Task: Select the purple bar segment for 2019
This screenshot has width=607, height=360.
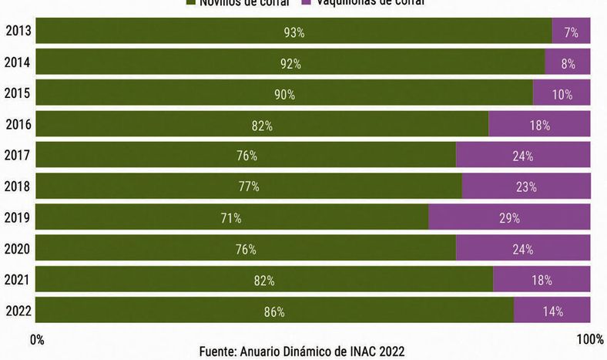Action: click(x=509, y=218)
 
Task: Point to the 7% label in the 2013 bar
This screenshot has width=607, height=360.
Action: click(x=571, y=32)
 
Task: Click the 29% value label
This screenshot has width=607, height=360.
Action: click(x=509, y=218)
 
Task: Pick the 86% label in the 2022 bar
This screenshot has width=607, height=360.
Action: click(x=274, y=311)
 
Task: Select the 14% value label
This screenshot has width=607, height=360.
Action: click(x=552, y=311)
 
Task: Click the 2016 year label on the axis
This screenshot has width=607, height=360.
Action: click(x=18, y=123)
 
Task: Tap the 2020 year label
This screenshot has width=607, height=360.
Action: click(x=17, y=248)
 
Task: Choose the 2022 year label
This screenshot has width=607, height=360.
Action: click(x=17, y=311)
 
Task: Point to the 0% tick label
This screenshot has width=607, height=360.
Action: click(x=36, y=339)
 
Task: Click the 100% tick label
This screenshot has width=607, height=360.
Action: click(x=589, y=339)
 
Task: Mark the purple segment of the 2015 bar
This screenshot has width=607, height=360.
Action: click(x=562, y=94)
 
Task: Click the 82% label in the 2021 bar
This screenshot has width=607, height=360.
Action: click(x=264, y=281)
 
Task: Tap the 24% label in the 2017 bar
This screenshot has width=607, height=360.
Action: click(x=523, y=156)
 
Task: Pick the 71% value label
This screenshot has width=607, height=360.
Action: click(x=231, y=218)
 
